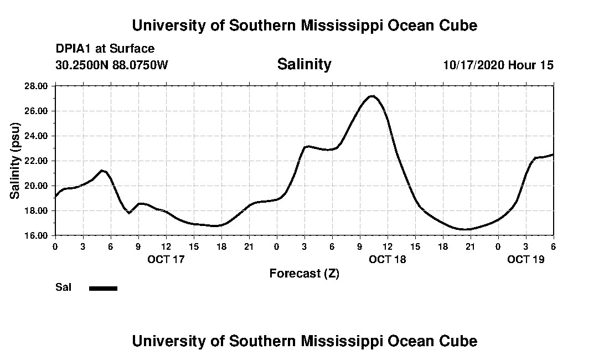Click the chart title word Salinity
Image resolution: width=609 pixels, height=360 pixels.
[304, 64]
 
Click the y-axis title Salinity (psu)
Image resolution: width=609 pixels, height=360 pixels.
[15, 161]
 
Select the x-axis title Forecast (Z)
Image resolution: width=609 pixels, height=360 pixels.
[304, 273]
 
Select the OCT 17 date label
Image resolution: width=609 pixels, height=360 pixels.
[166, 259]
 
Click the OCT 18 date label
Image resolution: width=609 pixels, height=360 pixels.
[388, 259]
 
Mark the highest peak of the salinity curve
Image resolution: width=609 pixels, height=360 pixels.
[372, 96]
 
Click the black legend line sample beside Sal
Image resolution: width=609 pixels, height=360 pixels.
[103, 288]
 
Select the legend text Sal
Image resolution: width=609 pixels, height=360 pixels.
[63, 287]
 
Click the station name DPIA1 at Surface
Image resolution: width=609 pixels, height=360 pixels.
[105, 49]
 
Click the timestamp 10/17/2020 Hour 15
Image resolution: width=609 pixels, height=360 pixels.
[498, 65]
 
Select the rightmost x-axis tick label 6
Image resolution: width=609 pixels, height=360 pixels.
[553, 246]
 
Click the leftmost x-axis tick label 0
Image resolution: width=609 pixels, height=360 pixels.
[55, 246]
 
